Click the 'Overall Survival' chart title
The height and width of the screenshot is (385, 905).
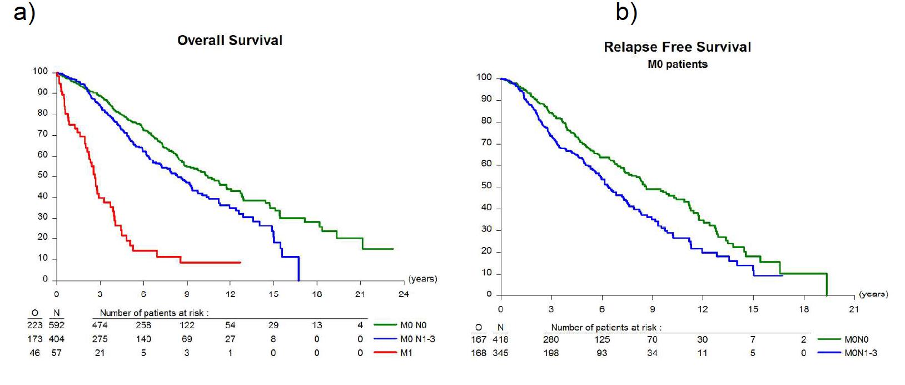[x=230, y=41]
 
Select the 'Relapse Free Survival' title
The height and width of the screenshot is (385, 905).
[x=677, y=47]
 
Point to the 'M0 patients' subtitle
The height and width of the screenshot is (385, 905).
[x=677, y=65]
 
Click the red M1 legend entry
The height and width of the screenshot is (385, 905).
[x=406, y=353]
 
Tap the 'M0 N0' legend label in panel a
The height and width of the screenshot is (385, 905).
[x=413, y=325]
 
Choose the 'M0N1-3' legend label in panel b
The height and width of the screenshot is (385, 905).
[x=861, y=353]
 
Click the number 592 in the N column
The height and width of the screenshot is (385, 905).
[x=56, y=325]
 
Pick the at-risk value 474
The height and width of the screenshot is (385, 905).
[x=100, y=325]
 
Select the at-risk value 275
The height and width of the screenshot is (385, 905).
[x=100, y=339]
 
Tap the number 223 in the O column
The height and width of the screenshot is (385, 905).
[x=34, y=325]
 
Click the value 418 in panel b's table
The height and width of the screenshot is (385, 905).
[x=500, y=339]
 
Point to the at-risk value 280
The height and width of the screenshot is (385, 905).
[x=551, y=339]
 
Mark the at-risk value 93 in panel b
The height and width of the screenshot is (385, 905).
[x=602, y=353]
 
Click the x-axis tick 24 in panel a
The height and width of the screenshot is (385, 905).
[x=404, y=294]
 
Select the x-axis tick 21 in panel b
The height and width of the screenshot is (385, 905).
[x=854, y=309]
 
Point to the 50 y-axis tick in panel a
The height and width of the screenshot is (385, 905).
[x=43, y=176]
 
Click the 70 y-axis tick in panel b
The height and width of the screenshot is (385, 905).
[x=486, y=143]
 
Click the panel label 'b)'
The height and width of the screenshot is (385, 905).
[x=626, y=12]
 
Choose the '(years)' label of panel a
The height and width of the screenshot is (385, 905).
[x=422, y=279]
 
